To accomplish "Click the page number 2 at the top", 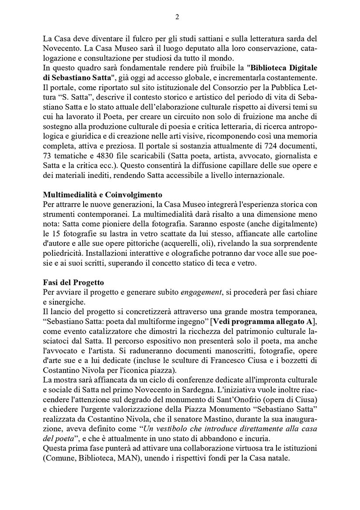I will pos(177,17).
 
